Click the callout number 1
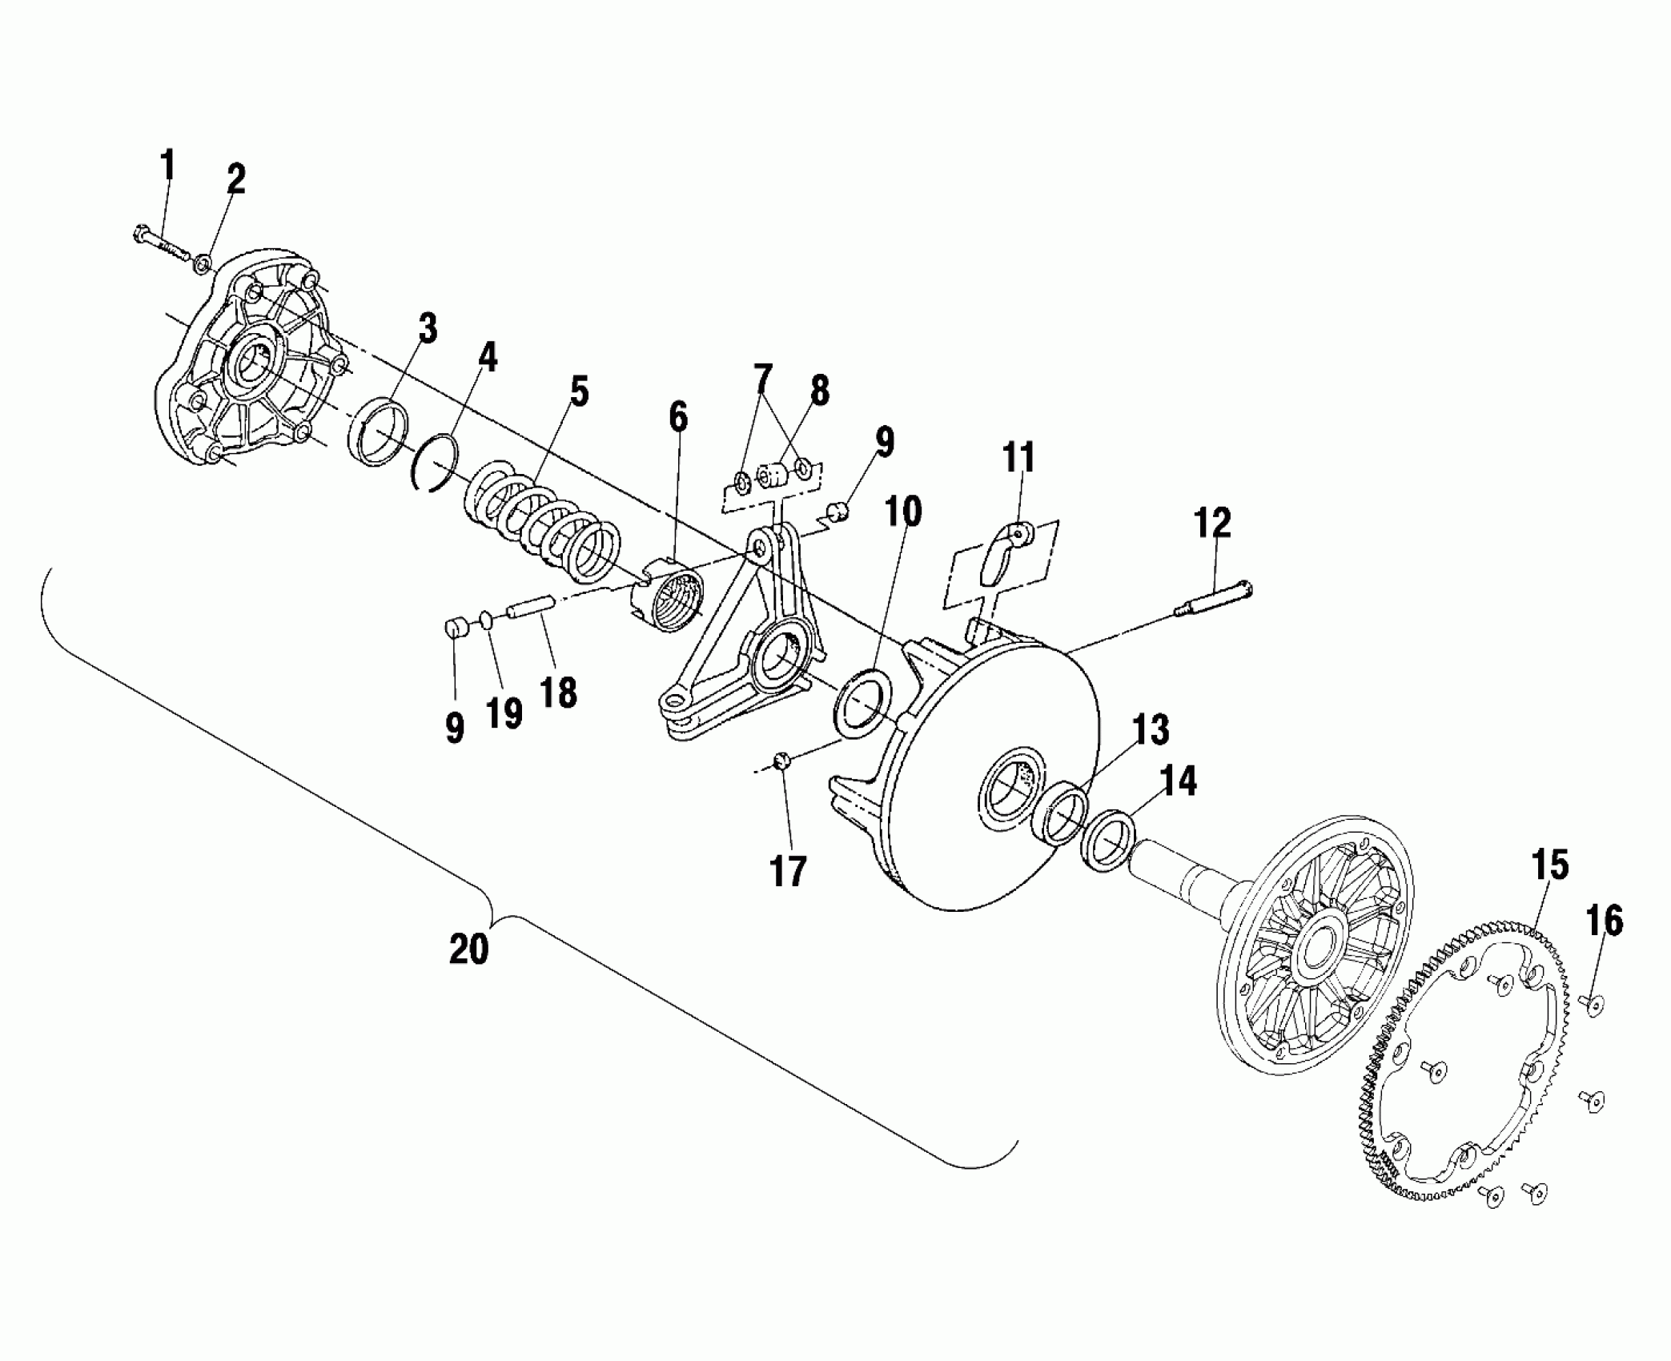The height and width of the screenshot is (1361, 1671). coord(167,166)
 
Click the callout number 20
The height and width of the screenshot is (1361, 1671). coord(468,949)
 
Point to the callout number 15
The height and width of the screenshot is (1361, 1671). coord(1550,866)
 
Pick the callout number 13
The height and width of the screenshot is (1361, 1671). coord(1151,730)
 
